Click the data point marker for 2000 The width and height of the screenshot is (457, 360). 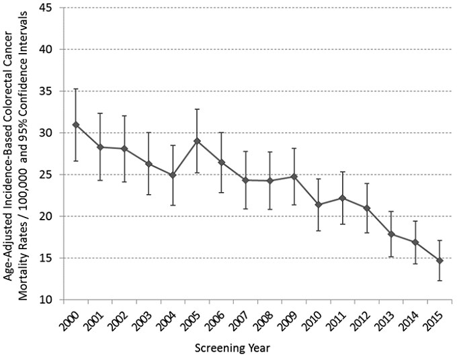pos(75,125)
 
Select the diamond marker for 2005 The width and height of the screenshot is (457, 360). pos(197,141)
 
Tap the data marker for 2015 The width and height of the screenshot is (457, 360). pos(440,261)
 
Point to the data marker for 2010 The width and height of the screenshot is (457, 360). pos(319,204)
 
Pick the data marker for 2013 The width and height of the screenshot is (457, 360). pos(391,234)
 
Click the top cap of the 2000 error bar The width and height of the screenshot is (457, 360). pos(75,89)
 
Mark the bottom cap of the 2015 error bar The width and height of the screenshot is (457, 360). pos(440,280)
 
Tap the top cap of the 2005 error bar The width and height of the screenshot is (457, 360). pos(197,109)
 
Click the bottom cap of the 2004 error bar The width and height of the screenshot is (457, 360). pos(173,205)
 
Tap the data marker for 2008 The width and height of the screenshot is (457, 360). pos(270,181)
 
